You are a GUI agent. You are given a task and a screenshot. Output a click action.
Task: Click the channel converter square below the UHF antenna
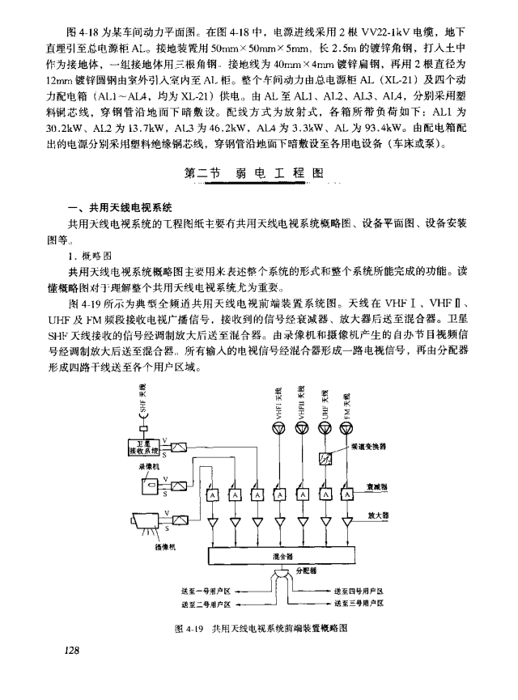[x=324, y=460]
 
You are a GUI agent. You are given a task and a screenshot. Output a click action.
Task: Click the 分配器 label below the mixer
[x=305, y=571]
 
